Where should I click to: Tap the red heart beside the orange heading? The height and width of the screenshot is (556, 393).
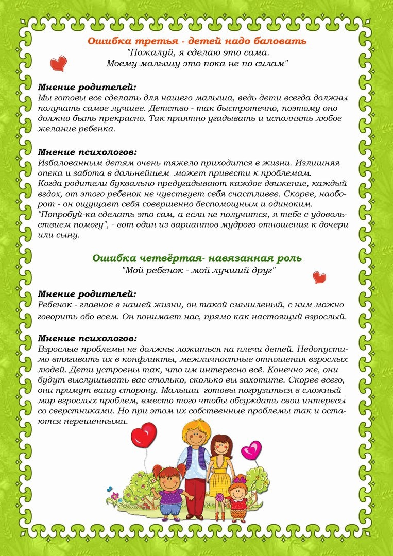pos(59,64)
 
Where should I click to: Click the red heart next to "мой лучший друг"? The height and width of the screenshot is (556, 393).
pos(319,277)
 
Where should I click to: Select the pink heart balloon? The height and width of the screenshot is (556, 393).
pos(251,450)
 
